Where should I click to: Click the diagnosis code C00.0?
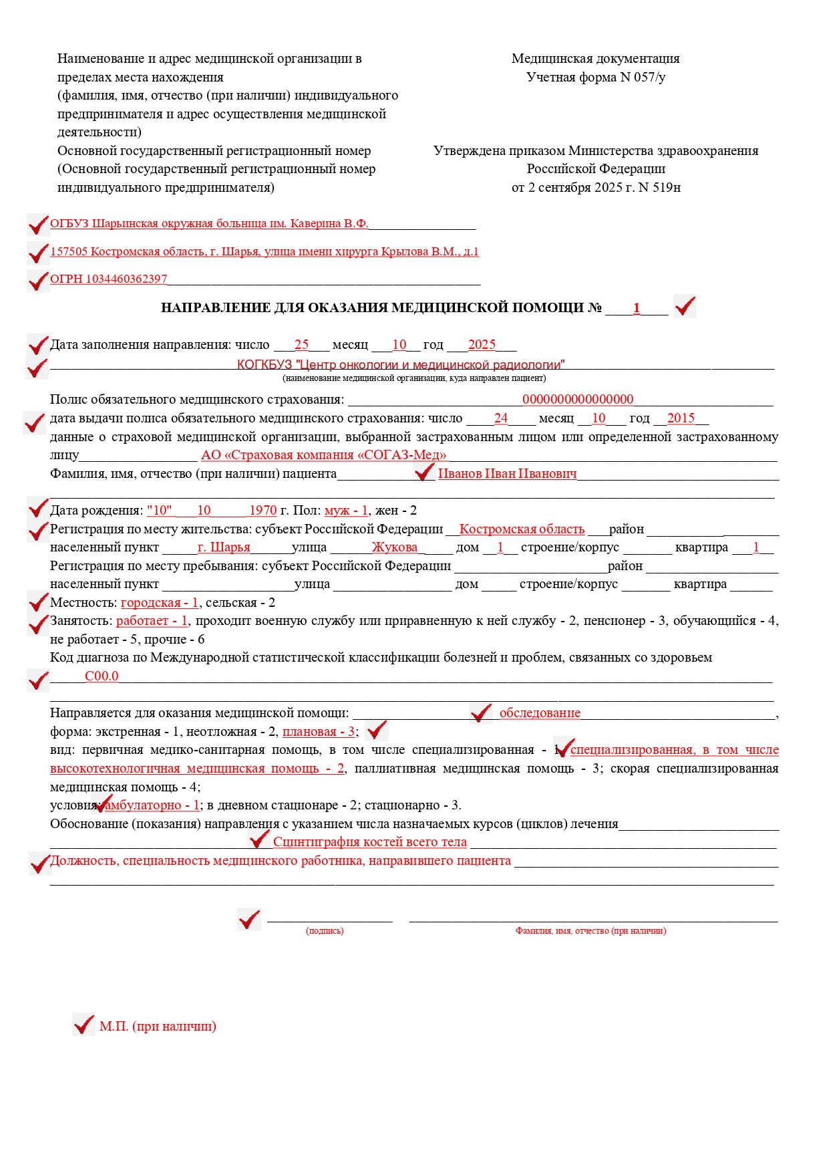click(x=102, y=676)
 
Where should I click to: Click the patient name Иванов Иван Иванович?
click(x=507, y=474)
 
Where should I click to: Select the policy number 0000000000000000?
click(x=578, y=400)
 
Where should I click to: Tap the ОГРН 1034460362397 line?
click(x=108, y=279)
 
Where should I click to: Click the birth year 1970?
click(x=263, y=511)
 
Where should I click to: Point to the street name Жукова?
click(x=395, y=547)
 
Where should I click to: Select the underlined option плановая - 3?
click(x=319, y=731)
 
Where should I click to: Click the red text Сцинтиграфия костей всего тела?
click(x=370, y=842)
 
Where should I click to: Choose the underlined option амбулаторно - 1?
click(x=152, y=805)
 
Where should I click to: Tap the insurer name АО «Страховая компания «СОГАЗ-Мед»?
click(x=324, y=455)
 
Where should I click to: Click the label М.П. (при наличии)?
click(x=158, y=1026)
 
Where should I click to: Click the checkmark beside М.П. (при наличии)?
click(x=84, y=1025)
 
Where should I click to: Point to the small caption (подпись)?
click(x=325, y=931)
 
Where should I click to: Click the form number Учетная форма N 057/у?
click(x=595, y=77)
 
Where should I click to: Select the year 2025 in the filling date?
click(x=482, y=345)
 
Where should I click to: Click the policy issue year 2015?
click(x=681, y=418)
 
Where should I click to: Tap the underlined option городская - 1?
click(x=160, y=603)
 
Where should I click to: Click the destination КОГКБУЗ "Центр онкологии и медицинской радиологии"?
click(x=401, y=365)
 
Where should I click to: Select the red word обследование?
click(x=540, y=713)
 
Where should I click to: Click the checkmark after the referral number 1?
click(x=685, y=307)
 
